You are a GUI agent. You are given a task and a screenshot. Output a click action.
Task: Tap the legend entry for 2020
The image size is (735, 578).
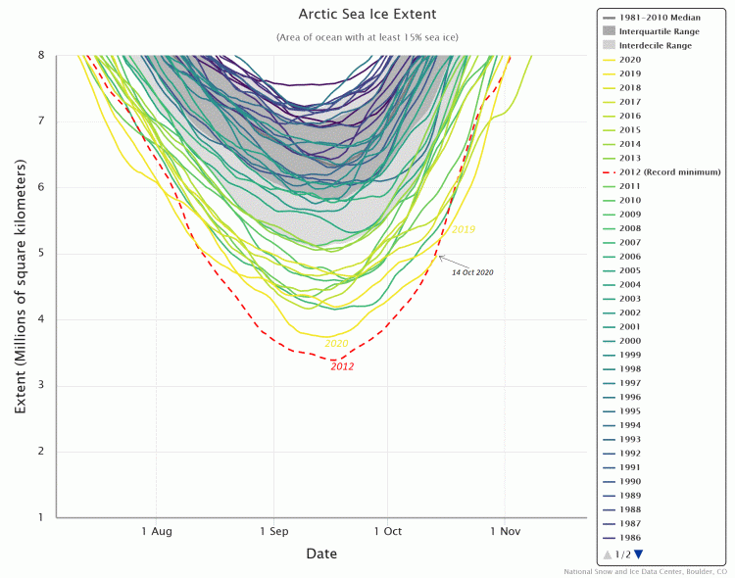(x=632, y=59)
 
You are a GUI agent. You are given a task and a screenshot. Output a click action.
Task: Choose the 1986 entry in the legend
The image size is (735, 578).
(x=632, y=538)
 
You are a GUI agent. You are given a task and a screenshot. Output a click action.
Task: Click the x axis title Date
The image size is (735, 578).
(x=320, y=554)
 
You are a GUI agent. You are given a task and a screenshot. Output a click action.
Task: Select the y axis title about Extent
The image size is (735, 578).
(x=20, y=286)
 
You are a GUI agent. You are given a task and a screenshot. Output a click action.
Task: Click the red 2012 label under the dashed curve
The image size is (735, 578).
(x=342, y=366)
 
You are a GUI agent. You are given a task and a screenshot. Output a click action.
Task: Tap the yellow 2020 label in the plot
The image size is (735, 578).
(x=336, y=343)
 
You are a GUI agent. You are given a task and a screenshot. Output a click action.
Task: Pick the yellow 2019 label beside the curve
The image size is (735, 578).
(x=464, y=229)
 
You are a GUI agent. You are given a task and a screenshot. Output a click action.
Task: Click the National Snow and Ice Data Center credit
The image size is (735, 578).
(x=646, y=571)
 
